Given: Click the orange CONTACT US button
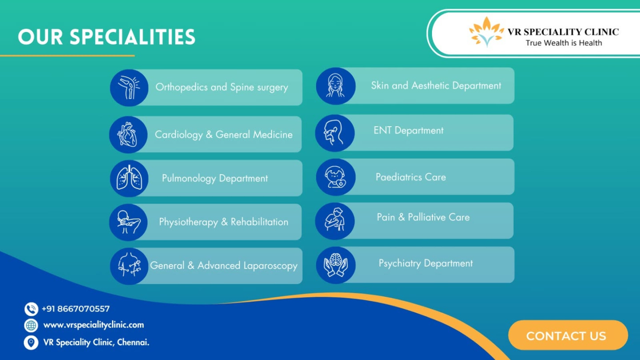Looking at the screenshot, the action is pos(568,335).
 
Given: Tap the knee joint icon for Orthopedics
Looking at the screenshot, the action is pos(129,88).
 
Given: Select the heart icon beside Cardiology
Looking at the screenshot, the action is pos(128,135).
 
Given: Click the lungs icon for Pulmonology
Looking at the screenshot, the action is pos(129,178).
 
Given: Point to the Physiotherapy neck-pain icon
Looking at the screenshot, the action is pos(128,222).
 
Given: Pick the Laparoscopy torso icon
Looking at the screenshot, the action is pos(129,266).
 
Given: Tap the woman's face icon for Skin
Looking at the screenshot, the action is pos(336,86).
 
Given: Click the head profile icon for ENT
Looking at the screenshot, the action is pos(335,133).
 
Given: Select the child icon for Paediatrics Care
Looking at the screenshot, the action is pos(336,177).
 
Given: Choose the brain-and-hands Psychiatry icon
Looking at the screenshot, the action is pos(336,265).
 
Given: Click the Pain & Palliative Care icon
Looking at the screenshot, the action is pos(335,221).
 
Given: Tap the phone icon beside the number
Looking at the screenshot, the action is pos(31,309).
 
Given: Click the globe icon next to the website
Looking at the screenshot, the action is pos(31,325).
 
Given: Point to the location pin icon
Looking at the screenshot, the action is pos(31,342).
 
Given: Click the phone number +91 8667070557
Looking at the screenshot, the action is pos(76,309).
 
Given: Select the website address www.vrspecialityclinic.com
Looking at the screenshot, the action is pos(94,325).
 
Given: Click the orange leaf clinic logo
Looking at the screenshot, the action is pos(486,32).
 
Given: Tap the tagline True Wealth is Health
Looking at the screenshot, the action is pos(564,43).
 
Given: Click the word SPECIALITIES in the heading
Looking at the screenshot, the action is pos(132,37).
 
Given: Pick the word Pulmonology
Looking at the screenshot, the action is pos(189,179).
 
